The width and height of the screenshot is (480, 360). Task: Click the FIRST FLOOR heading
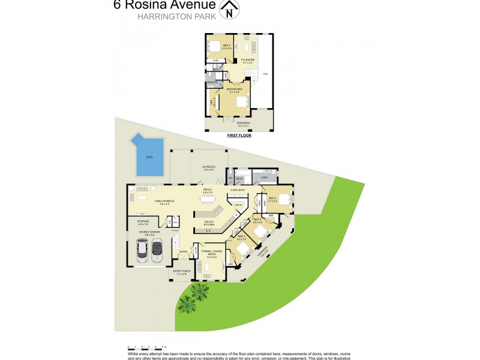(x=239, y=136)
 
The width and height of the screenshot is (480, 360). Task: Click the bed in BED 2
(x=216, y=47)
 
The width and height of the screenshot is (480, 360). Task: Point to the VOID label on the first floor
(x=265, y=74)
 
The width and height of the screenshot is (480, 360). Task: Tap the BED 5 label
(x=272, y=199)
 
